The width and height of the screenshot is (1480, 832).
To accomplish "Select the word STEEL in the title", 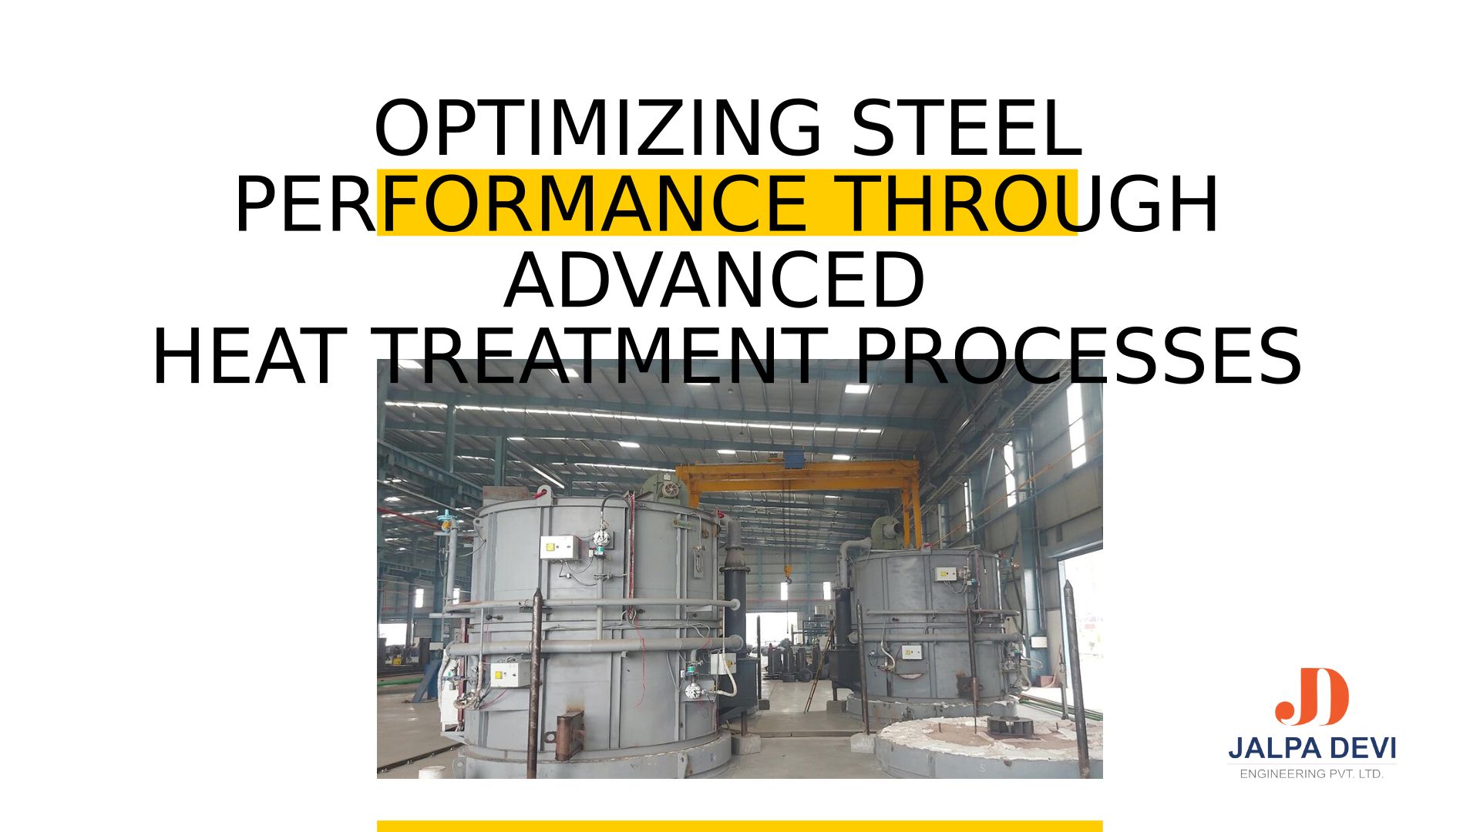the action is click(967, 129).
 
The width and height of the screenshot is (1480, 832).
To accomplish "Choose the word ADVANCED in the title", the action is click(715, 280).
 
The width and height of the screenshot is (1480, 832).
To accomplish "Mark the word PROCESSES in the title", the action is click(1078, 357).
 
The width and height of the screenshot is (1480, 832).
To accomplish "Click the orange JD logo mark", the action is click(1311, 696).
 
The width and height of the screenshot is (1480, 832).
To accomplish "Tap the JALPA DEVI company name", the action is click(1312, 747).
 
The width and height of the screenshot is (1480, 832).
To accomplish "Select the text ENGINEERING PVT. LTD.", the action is click(1312, 773).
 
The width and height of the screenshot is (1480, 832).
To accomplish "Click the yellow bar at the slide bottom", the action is click(740, 827).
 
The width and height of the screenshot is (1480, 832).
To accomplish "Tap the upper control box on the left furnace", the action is click(560, 548).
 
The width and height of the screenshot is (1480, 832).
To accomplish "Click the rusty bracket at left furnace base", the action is click(570, 735).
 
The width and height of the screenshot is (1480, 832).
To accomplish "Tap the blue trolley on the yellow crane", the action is click(795, 460).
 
